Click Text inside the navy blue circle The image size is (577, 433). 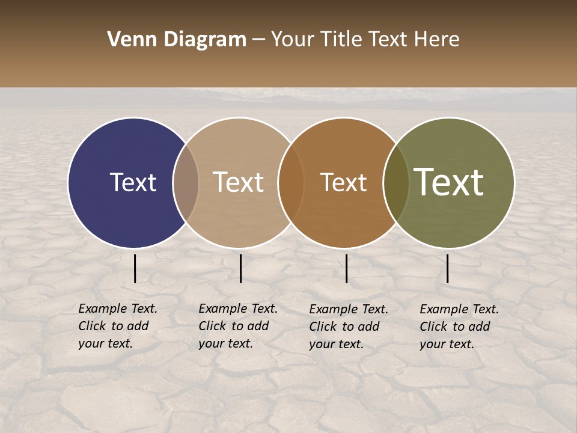pos(133,182)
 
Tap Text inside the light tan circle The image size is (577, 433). pos(239,182)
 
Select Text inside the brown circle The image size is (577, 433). pos(343,182)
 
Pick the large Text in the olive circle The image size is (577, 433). pos(449,182)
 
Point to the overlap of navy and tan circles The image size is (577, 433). pos(186,182)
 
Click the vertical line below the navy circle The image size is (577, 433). pos(135,268)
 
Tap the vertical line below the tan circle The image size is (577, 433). pos(240,268)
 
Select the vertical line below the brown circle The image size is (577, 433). pos(346,268)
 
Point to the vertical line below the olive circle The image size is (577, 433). pos(447,268)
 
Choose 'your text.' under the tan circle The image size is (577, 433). pos(225,344)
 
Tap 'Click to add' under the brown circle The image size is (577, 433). pos(344,327)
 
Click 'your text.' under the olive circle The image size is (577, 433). pos(447,345)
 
